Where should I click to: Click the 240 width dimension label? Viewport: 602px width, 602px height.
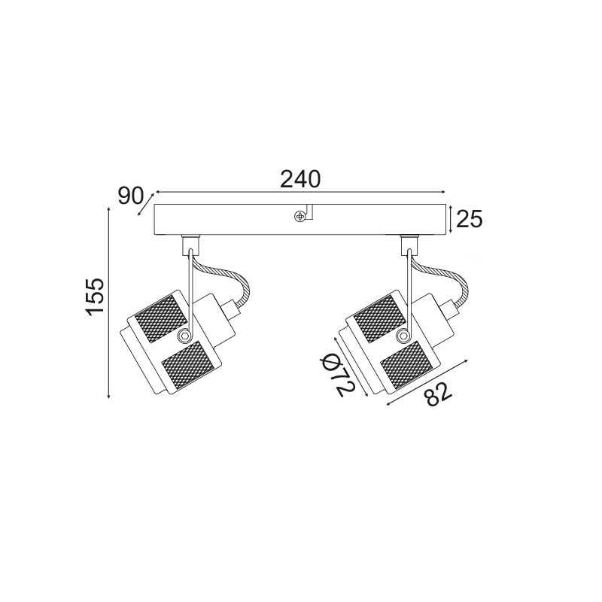click(x=299, y=179)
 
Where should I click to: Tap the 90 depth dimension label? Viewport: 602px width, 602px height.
click(x=130, y=196)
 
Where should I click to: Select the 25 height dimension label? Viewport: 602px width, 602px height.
click(x=469, y=220)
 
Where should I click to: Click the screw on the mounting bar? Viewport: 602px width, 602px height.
click(x=299, y=217)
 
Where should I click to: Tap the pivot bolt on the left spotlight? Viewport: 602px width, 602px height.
click(x=184, y=336)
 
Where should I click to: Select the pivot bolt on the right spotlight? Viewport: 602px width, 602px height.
click(x=403, y=336)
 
